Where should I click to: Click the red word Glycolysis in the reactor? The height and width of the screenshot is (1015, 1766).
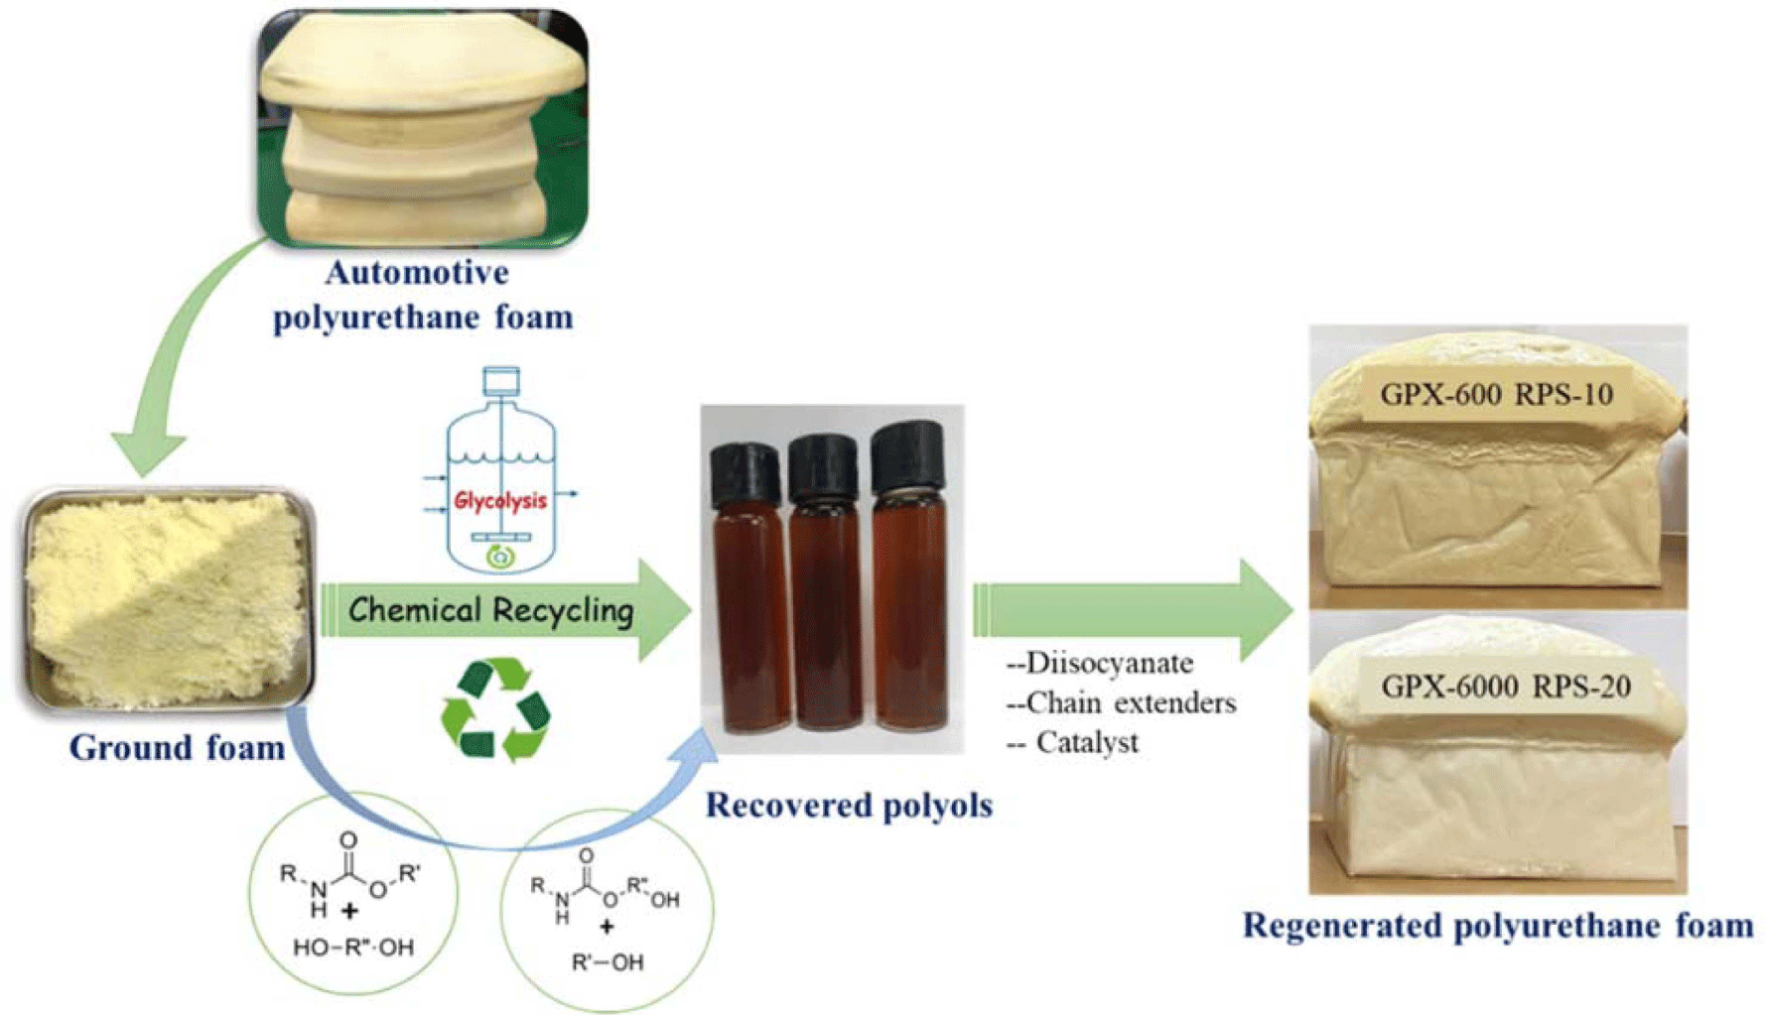coord(500,501)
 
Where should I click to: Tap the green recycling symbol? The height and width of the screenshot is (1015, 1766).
coord(495,710)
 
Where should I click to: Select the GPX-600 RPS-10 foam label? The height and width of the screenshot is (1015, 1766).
coord(1496,395)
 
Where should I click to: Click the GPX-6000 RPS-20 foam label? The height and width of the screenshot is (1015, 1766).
coord(1505,686)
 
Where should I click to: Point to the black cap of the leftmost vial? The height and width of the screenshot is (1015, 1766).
coord(745,474)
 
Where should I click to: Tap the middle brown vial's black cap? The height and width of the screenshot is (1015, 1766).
coord(823,466)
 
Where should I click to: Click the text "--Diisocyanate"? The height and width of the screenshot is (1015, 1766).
coord(1100,663)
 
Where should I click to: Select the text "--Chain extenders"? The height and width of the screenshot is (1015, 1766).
coord(1122,702)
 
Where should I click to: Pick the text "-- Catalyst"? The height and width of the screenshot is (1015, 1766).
coord(1073,742)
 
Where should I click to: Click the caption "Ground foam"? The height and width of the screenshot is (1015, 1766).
coord(177,747)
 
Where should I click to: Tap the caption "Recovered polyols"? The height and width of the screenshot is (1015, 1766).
coord(849,805)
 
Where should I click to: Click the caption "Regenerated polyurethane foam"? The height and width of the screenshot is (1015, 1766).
coord(1498,926)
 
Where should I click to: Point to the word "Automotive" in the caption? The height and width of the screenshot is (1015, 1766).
coord(417,272)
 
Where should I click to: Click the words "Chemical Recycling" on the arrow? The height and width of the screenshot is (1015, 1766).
coord(491,610)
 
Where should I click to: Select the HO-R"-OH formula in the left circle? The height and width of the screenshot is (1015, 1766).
coord(353,948)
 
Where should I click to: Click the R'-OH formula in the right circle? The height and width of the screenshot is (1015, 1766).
coord(608,962)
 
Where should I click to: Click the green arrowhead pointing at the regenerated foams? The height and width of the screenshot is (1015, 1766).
coord(1265,609)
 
